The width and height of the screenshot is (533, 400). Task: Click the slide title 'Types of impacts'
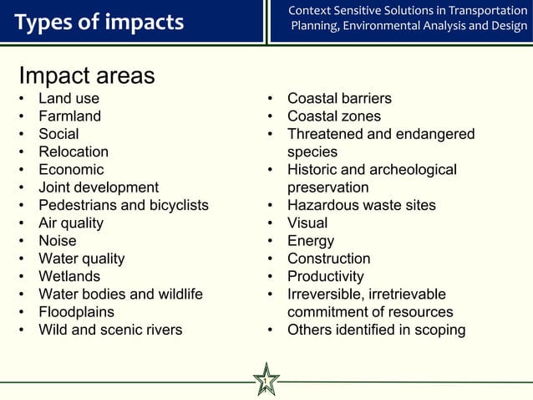99,22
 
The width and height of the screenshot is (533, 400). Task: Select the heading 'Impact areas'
87,75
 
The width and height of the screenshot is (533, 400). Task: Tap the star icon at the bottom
266,380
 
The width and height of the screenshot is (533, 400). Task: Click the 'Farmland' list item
69,116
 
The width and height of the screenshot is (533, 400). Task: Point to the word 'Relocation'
74,151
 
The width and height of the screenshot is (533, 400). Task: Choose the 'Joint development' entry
99,187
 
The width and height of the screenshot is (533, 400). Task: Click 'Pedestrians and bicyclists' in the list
124,205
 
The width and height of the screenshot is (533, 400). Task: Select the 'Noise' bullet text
57,241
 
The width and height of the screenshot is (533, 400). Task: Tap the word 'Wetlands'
69,276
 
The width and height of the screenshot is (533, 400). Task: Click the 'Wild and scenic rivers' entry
110,330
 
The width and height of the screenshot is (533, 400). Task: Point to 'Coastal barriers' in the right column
339,99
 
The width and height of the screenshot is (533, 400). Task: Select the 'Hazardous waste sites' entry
362,205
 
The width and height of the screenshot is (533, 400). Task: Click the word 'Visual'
307,223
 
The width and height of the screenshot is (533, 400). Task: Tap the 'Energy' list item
311,241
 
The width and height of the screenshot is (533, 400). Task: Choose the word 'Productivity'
326,276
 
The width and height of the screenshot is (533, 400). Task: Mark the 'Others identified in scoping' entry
377,330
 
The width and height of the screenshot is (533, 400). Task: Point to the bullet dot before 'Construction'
272,259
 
